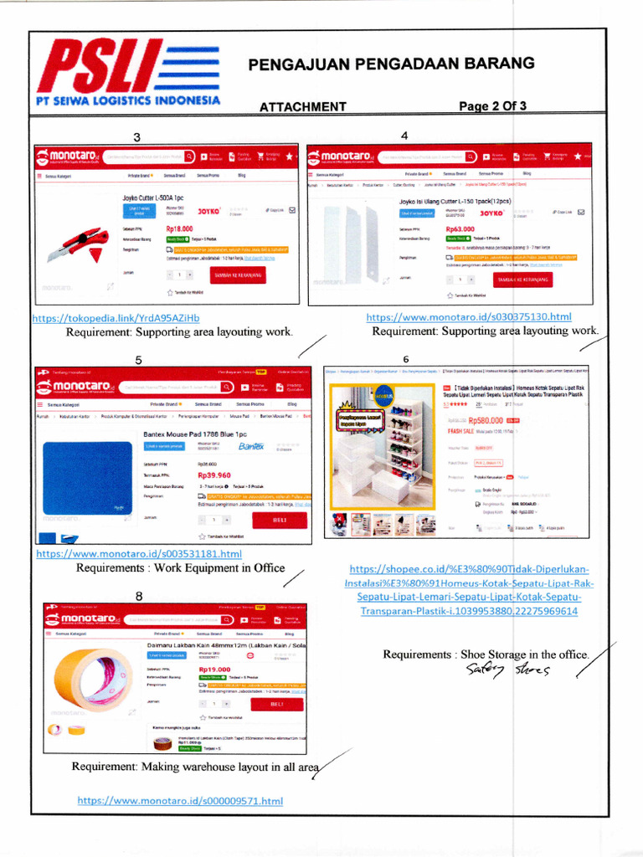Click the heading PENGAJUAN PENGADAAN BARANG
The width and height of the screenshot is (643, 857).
pos(392,65)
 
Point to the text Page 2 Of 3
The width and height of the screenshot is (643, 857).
pos(493,106)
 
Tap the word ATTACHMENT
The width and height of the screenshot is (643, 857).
pos(302,107)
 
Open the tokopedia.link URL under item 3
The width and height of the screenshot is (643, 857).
pos(116,318)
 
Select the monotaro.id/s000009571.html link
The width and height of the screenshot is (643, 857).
pos(181,801)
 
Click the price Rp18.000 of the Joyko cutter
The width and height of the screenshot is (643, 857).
pos(180,228)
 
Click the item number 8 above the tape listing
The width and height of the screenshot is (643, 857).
pos(140,596)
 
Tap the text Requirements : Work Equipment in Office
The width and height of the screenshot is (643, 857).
pos(181,568)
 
